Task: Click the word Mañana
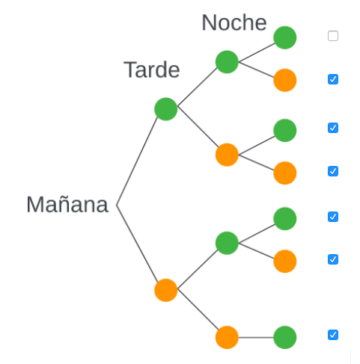pyautogui.click(x=67, y=204)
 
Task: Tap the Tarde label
pyautogui.click(x=151, y=70)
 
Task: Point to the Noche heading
pyautogui.click(x=234, y=22)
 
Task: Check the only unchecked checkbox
pyautogui.click(x=333, y=36)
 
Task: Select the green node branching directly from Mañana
pyautogui.click(x=165, y=109)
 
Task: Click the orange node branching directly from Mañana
pyautogui.click(x=165, y=290)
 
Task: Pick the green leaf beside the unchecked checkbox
pyautogui.click(x=284, y=37)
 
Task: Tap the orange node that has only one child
pyautogui.click(x=227, y=337)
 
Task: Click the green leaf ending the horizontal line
pyautogui.click(x=284, y=337)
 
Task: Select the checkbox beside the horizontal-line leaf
pyautogui.click(x=333, y=335)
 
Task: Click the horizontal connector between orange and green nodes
pyautogui.click(x=256, y=337)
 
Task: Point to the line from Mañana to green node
pyautogui.click(x=137, y=161)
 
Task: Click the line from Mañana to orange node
pyautogui.click(x=137, y=244)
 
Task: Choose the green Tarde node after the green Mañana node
pyautogui.click(x=227, y=62)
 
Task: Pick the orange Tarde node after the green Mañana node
pyautogui.click(x=227, y=155)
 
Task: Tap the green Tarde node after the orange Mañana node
pyautogui.click(x=227, y=243)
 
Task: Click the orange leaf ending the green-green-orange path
pyautogui.click(x=284, y=80)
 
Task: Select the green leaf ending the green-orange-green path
pyautogui.click(x=284, y=130)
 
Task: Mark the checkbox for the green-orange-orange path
pyautogui.click(x=333, y=171)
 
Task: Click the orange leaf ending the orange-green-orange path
pyautogui.click(x=284, y=262)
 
